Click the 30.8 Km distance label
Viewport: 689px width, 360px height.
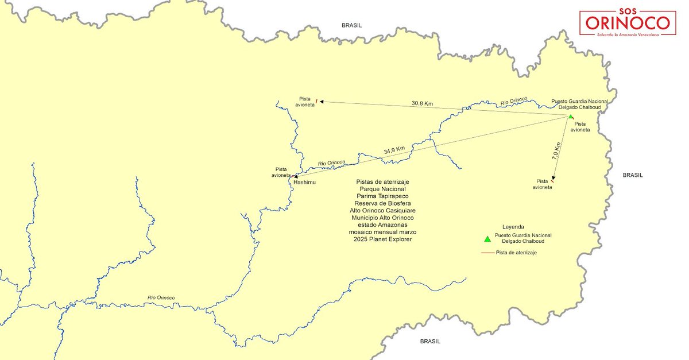(422, 103)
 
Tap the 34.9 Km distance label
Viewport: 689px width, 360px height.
(394, 150)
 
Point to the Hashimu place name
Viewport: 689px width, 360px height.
(305, 182)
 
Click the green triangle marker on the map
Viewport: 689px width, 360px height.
(570, 117)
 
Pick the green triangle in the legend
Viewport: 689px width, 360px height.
(487, 239)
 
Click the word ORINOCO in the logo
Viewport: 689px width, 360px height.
(627, 24)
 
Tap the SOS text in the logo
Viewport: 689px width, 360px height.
(627, 11)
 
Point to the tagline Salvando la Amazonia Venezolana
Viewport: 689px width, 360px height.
(627, 34)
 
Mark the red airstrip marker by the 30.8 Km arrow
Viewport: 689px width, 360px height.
(316, 101)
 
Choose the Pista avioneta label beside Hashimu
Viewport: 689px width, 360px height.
(281, 172)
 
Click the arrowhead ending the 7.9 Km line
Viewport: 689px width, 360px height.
(553, 179)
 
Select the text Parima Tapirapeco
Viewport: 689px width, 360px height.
(382, 196)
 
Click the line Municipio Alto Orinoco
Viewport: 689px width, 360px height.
(382, 218)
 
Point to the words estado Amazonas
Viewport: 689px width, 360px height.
(382, 224)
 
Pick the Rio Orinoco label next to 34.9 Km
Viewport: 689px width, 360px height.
(331, 163)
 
